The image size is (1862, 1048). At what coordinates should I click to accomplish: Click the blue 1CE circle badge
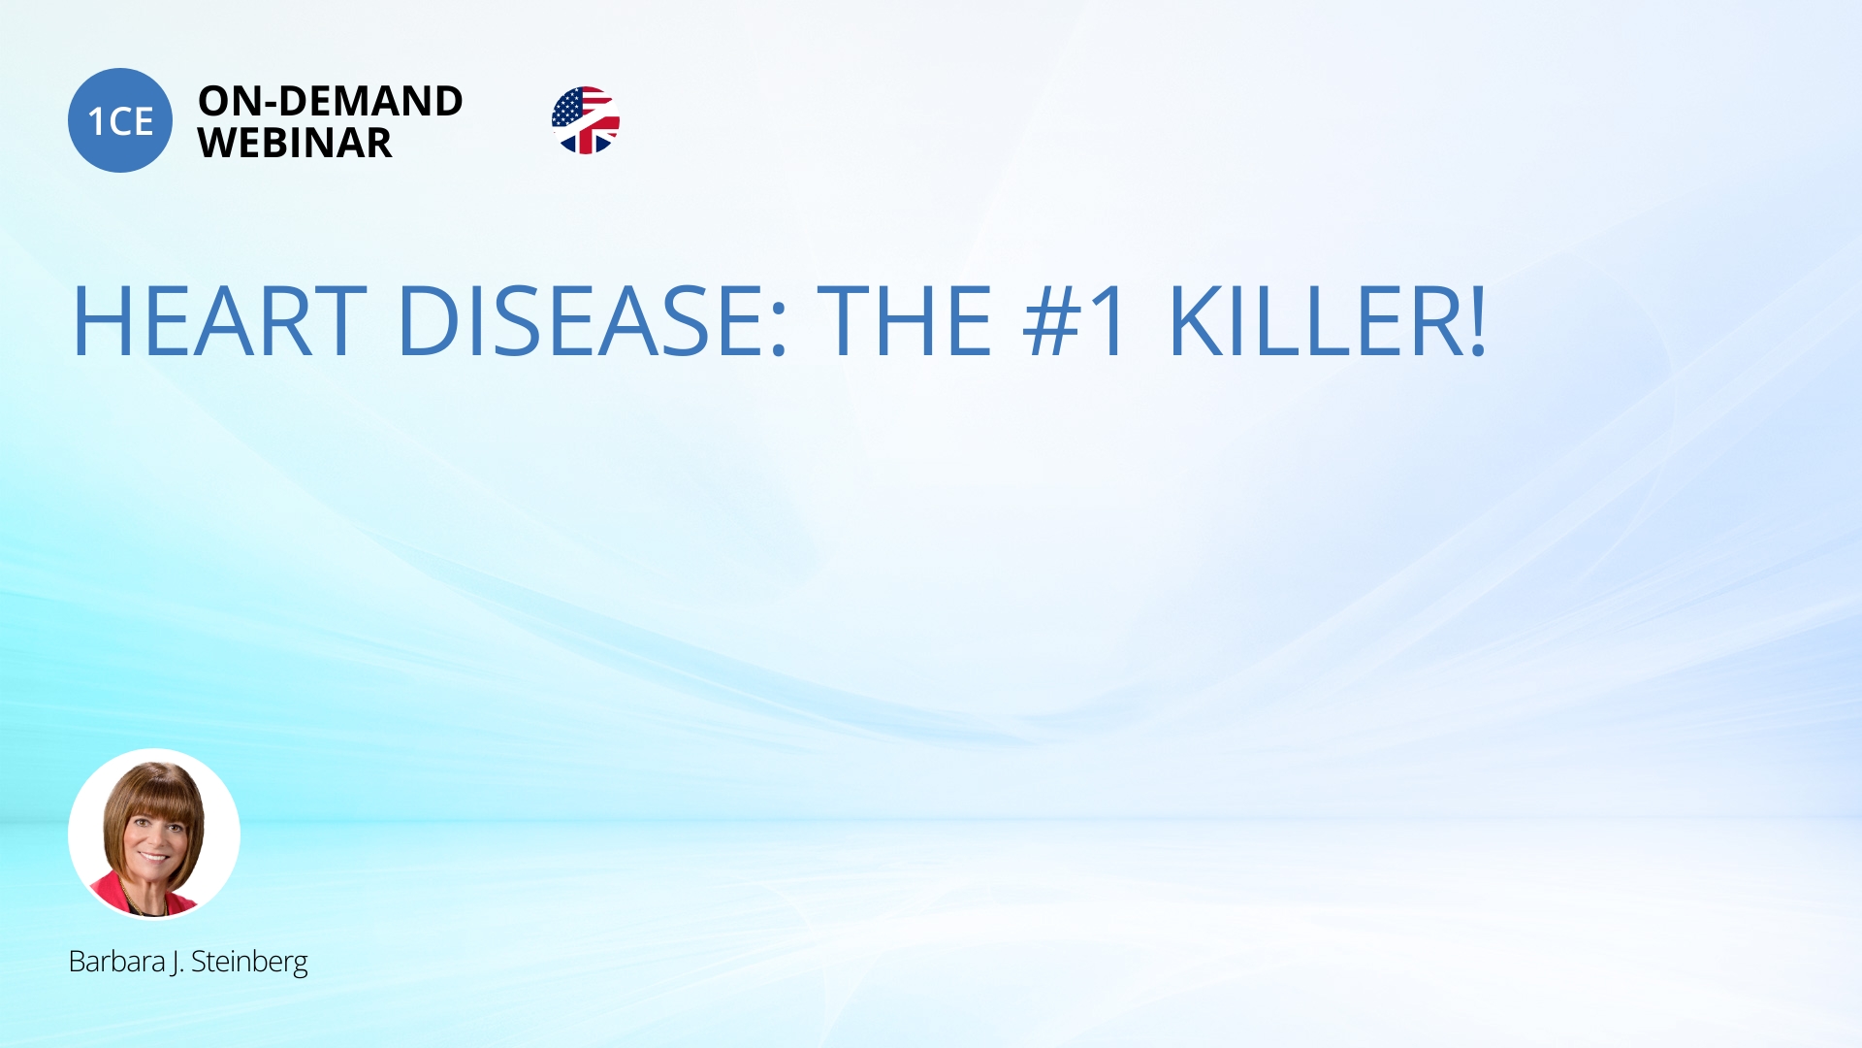pos(120,120)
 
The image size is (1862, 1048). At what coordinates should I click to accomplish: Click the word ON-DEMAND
pos(331,101)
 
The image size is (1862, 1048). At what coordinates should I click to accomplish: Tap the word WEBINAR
pos(295,143)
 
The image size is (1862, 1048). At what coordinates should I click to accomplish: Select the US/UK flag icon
pos(586,120)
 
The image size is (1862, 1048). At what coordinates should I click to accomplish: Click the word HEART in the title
pos(220,321)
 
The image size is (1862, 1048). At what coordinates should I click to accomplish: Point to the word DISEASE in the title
pos(582,321)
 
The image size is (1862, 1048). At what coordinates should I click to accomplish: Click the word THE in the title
pos(905,321)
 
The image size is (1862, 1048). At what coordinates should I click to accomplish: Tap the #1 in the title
pos(1075,321)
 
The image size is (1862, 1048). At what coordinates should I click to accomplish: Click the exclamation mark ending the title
pos(1477,321)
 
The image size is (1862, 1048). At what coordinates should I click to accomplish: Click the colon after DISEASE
pos(778,331)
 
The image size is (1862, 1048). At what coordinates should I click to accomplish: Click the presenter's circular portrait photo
pos(154,834)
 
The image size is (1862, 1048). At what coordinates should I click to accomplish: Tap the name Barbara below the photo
pos(116,961)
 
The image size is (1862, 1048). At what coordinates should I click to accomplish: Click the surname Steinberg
pos(249,963)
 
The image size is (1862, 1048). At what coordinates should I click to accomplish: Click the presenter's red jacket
pos(112,895)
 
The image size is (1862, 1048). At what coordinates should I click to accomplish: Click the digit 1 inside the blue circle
pos(95,122)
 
